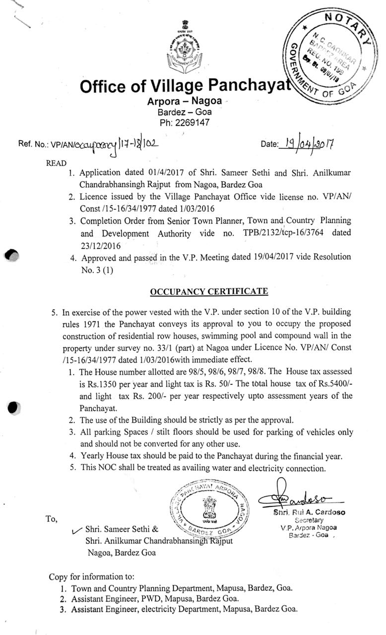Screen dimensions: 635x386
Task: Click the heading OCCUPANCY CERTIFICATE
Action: [209, 291]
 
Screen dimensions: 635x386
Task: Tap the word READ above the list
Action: [55, 163]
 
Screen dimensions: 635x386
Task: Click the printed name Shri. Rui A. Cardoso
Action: [311, 512]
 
